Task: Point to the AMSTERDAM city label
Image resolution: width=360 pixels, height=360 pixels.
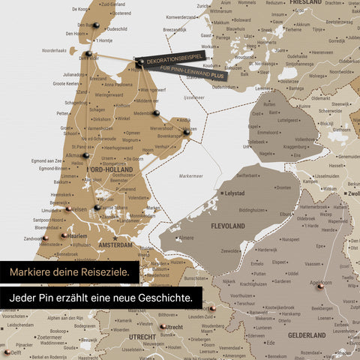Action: point(113,245)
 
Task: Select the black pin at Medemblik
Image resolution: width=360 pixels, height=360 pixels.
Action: point(157,113)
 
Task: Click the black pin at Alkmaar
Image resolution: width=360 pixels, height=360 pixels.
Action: point(86,156)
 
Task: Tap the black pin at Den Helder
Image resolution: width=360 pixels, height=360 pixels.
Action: point(88,54)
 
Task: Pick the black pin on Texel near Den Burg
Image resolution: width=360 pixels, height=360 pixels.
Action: point(96,27)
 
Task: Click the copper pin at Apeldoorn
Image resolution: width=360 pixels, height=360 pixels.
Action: point(319,286)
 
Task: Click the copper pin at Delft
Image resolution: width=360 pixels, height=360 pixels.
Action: point(6,350)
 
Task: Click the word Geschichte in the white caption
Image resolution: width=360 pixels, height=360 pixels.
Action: point(165,298)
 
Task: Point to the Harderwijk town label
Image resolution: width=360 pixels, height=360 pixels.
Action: point(268,249)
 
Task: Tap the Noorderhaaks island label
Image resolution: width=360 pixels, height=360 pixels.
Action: point(54,50)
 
